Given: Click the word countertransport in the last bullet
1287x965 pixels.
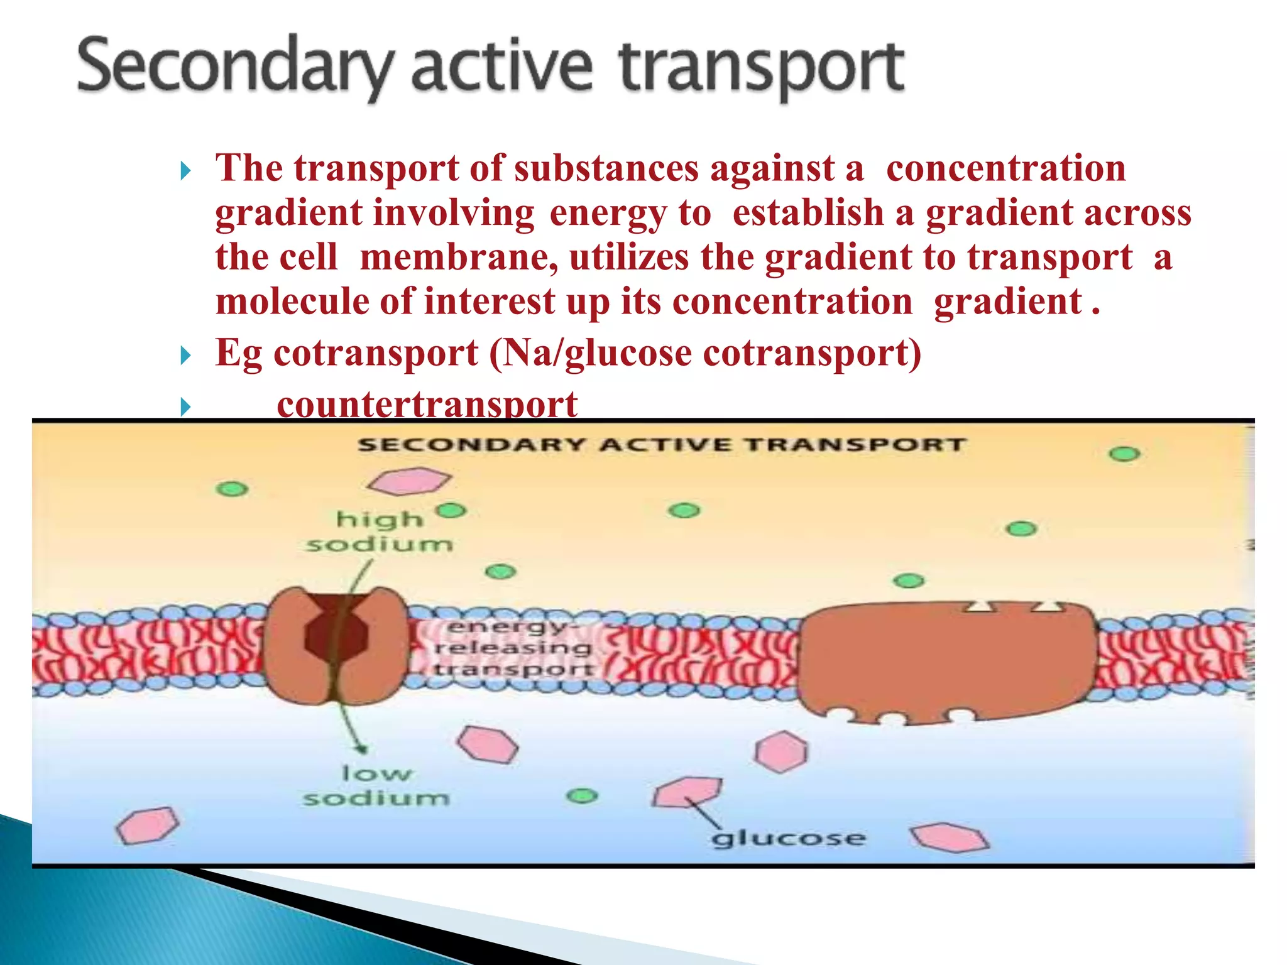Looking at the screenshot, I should tap(427, 404).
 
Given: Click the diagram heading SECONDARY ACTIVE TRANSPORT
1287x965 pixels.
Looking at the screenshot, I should tap(661, 445).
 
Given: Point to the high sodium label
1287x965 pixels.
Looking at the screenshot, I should tap(380, 532).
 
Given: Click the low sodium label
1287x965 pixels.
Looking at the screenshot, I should tap(376, 785).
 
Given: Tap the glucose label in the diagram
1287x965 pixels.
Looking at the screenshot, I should tap(789, 838).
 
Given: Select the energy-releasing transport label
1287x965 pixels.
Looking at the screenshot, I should tap(512, 648).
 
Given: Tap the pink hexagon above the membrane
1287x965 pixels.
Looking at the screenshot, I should tap(409, 481).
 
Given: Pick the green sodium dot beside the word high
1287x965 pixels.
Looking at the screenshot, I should tap(452, 511).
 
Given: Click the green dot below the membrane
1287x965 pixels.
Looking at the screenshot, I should tap(583, 796).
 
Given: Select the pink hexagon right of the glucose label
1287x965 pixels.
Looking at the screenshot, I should tap(950, 837).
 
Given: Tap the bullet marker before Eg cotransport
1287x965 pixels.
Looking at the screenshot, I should tap(185, 356).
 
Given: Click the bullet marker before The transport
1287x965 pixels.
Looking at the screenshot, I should tap(185, 171).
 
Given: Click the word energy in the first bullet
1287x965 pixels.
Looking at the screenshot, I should tap(608, 213).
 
